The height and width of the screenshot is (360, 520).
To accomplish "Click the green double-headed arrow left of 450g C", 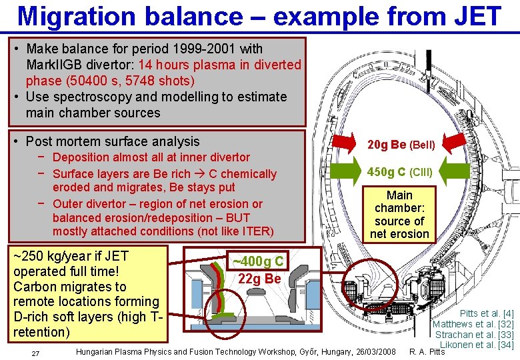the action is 338,171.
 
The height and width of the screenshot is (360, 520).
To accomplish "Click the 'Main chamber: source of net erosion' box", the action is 399,214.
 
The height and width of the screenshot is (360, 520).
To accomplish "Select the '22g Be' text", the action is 259,279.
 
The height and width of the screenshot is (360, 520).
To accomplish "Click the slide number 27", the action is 36,353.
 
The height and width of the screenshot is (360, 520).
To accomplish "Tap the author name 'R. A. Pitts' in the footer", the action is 427,352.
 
